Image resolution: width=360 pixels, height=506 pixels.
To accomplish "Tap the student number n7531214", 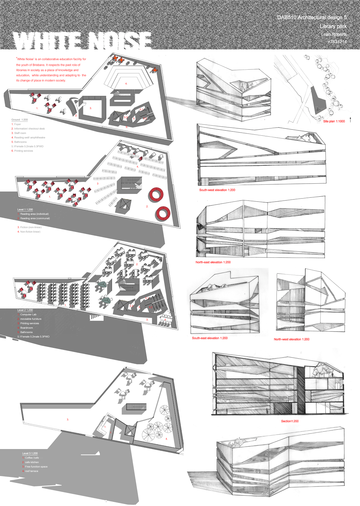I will pyautogui.click(x=337, y=42).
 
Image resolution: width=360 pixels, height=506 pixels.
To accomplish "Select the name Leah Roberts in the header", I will pyautogui.click(x=334, y=34).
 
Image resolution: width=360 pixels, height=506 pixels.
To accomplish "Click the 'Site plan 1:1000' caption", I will pyautogui.click(x=334, y=121).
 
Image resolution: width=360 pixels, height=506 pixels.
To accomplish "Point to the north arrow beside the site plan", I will pyautogui.click(x=351, y=120).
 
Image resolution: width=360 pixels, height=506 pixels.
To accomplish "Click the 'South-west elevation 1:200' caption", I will pyautogui.click(x=217, y=190).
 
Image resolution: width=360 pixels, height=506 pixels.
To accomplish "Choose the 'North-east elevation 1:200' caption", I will pyautogui.click(x=213, y=262).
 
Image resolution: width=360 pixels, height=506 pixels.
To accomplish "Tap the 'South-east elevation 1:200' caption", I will pyautogui.click(x=209, y=338).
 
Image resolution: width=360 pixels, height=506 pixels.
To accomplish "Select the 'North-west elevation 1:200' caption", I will pyautogui.click(x=291, y=339).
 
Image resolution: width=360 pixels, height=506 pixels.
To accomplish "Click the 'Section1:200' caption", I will pyautogui.click(x=289, y=421).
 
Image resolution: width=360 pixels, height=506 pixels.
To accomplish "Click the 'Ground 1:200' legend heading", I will pyautogui.click(x=20, y=120).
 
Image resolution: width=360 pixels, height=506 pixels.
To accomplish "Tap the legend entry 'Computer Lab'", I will pyautogui.click(x=28, y=314).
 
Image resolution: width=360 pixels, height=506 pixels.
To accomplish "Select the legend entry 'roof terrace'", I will pyautogui.click(x=31, y=471).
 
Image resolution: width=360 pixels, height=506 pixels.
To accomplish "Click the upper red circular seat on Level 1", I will pyautogui.click(x=156, y=194).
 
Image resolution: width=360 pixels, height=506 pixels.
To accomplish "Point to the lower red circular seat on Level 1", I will pyautogui.click(x=163, y=213).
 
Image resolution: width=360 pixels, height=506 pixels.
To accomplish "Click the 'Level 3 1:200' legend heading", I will pyautogui.click(x=30, y=453).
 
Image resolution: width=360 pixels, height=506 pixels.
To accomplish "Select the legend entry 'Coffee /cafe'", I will pyautogui.click(x=32, y=458).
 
